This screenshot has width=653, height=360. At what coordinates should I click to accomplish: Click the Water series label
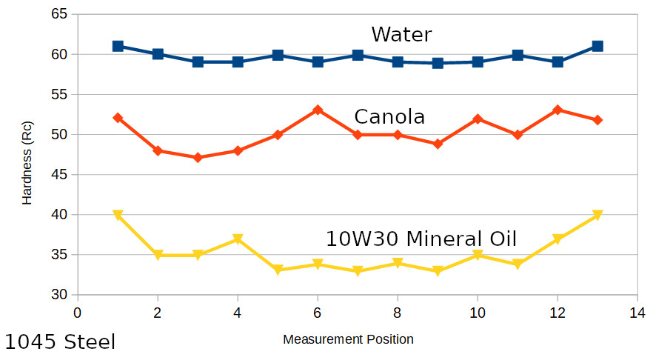pos(401,35)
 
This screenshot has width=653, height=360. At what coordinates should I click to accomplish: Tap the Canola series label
pos(389,117)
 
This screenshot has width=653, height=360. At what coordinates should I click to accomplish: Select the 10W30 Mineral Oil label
pos(421,239)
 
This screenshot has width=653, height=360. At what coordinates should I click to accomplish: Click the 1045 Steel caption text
pos(60,342)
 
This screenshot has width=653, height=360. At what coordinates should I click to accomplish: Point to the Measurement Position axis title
pos(348,339)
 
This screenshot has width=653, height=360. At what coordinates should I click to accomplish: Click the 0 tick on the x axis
pos(78,312)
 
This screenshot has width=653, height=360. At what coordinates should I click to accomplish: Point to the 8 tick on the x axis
pos(398,312)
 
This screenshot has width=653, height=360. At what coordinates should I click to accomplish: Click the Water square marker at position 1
pos(118,46)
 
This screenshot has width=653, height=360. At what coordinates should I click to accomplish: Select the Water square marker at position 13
pos(597,46)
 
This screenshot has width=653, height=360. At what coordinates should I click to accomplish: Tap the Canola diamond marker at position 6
pos(318,110)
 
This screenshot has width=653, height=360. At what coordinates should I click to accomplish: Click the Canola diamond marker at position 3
pos(198,158)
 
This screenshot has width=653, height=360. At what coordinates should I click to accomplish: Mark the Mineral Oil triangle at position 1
pos(118,216)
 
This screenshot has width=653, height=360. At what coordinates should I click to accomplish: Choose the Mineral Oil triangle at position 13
pos(597,216)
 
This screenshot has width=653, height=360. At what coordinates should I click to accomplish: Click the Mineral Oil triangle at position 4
pos(238,239)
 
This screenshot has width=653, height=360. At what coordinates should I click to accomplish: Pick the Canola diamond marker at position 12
pos(557,110)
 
